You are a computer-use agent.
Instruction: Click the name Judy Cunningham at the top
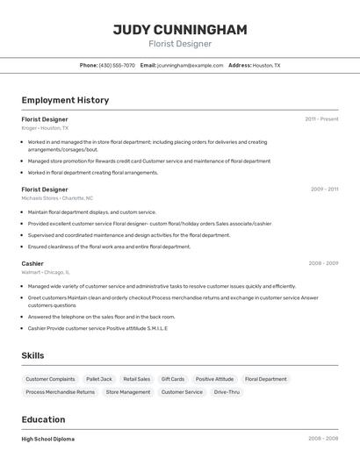[180, 29]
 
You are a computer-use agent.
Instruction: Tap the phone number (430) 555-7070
[117, 65]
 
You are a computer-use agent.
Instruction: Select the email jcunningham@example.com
[191, 65]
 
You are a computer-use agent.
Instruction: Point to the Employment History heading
[65, 100]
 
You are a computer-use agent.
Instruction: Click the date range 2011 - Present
[321, 118]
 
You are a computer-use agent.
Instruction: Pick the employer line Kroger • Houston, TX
[45, 128]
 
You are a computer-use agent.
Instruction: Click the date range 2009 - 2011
[324, 189]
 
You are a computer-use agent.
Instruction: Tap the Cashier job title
[32, 263]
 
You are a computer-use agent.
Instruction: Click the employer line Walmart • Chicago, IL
[46, 272]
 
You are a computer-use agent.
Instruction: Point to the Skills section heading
[33, 355]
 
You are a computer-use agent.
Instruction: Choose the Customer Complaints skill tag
[50, 379]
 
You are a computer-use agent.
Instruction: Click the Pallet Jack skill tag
[99, 379]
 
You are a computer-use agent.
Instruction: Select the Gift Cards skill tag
[172, 379]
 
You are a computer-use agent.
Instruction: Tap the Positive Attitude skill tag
[214, 379]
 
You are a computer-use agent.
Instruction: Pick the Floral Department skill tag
[265, 379]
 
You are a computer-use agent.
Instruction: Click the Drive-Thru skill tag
[227, 392]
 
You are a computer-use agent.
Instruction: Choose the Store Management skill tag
[128, 392]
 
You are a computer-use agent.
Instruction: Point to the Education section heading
[43, 419]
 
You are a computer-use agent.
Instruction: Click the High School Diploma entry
[48, 439]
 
